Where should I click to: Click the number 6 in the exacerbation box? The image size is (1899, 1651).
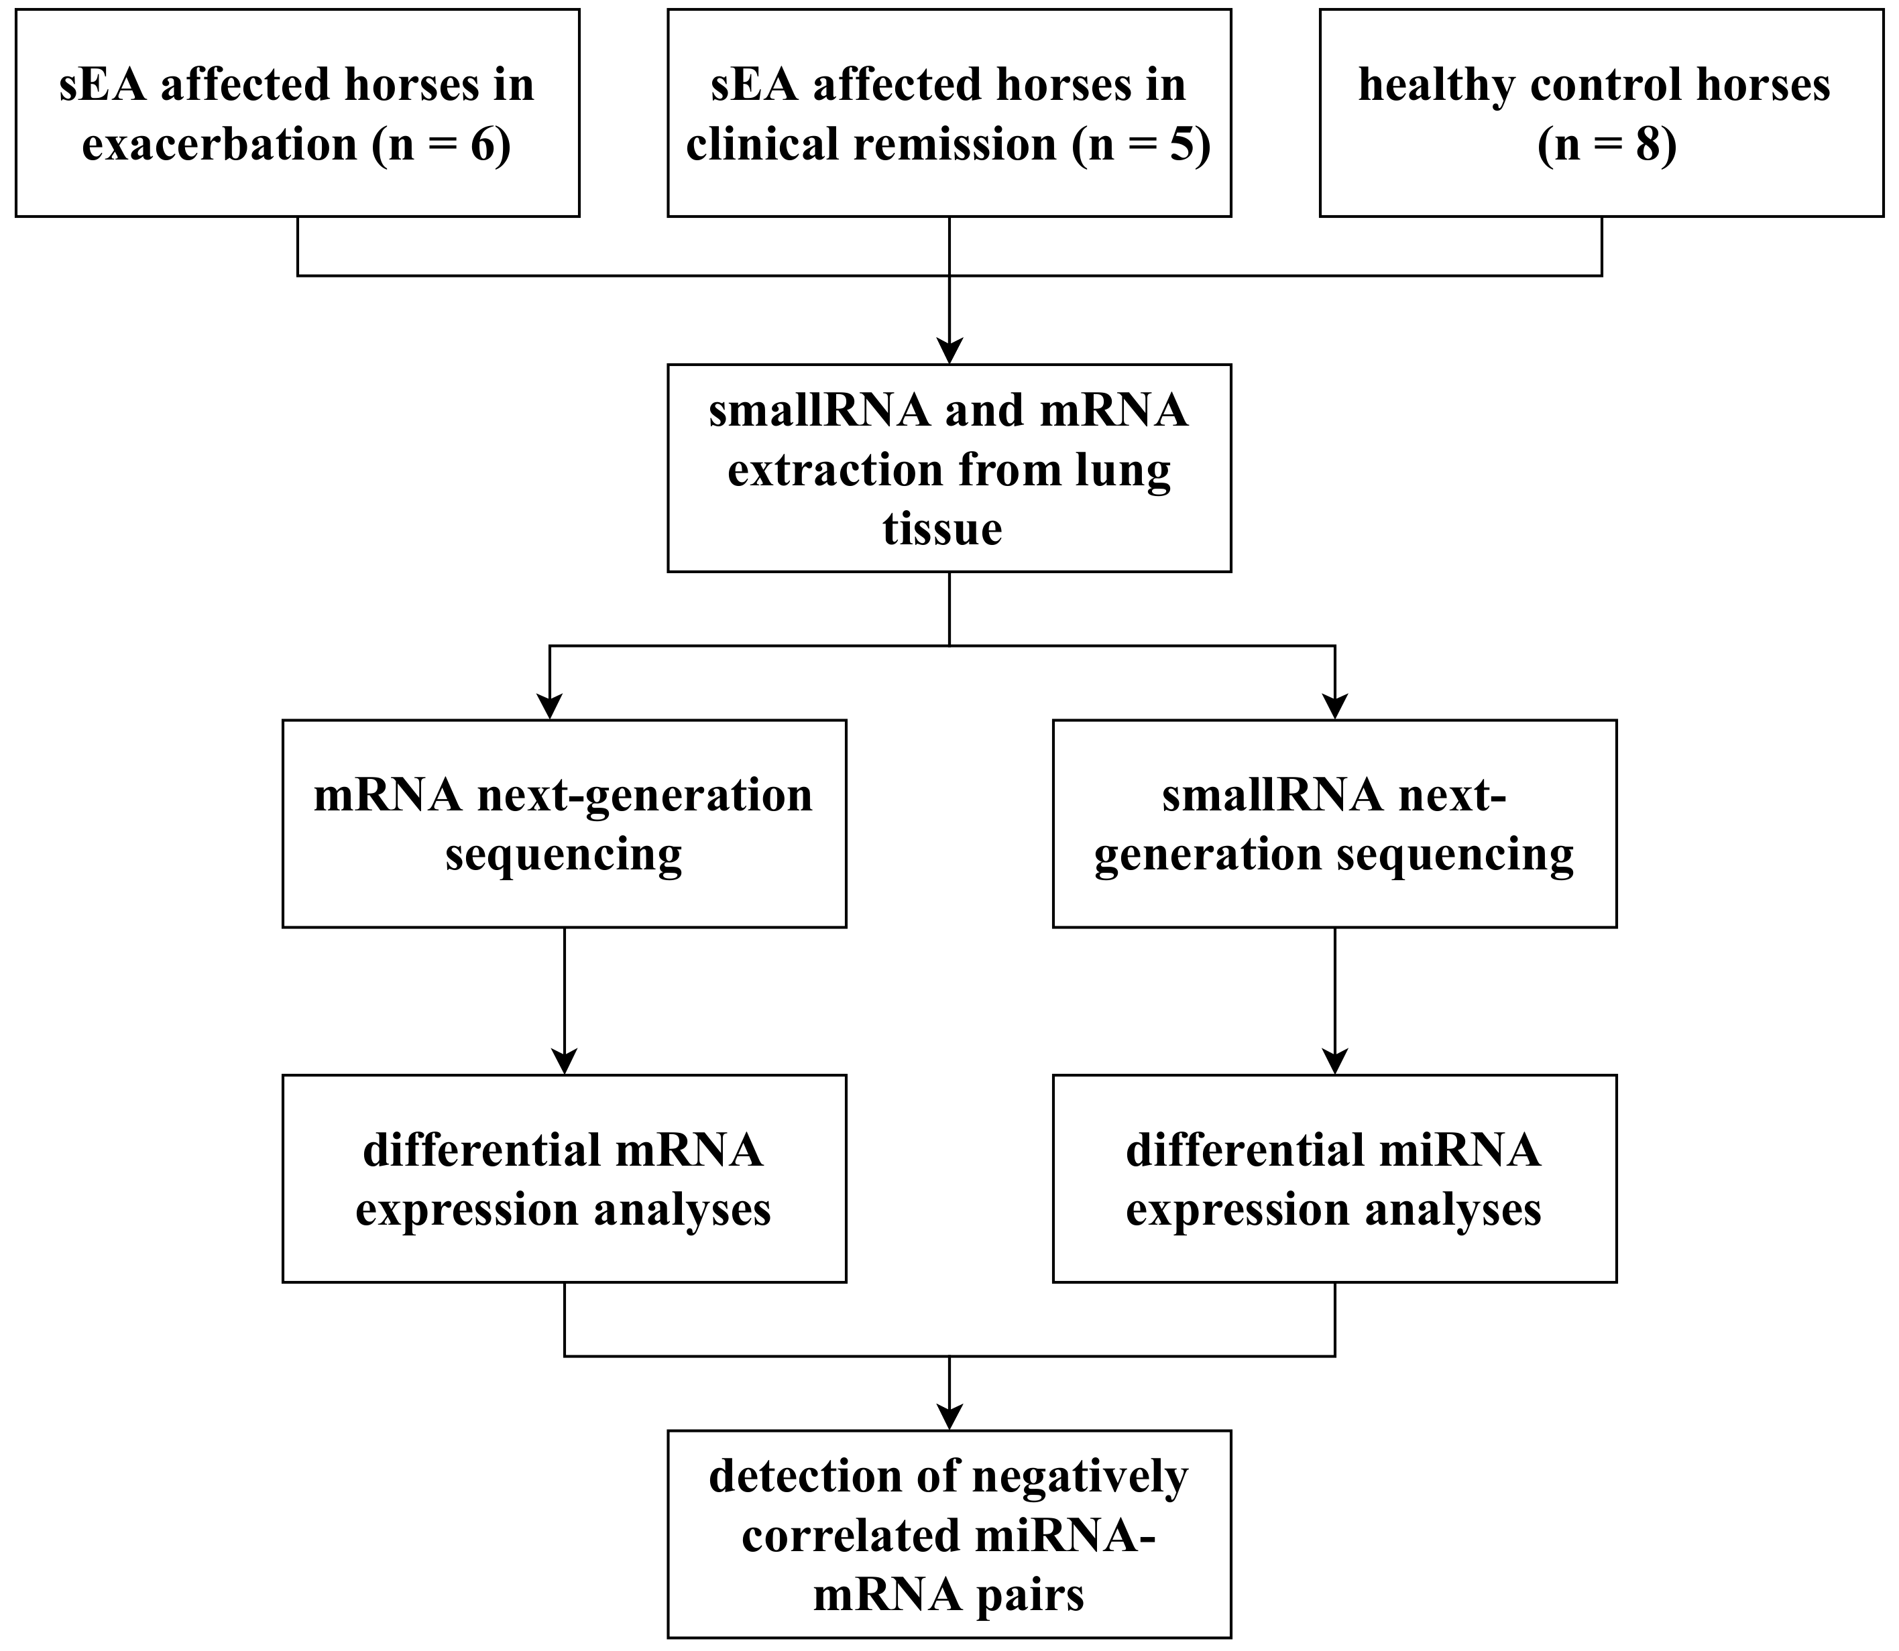483,145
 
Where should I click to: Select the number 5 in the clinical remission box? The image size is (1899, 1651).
1182,145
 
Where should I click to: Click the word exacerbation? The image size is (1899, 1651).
219,145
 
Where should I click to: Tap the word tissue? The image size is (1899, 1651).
941,529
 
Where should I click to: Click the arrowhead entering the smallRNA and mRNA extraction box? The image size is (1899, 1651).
949,351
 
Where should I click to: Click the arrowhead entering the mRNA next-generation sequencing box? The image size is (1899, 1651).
549,706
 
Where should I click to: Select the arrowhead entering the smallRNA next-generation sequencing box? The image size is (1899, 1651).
1334,706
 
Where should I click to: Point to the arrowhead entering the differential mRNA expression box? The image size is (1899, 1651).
564,1060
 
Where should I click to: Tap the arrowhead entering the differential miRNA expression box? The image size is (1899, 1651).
1334,1060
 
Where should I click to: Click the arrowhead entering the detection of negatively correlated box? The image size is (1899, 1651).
949,1416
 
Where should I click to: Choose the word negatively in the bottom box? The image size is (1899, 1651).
1080,1477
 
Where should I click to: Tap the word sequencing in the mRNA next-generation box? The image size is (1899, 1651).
563,854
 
